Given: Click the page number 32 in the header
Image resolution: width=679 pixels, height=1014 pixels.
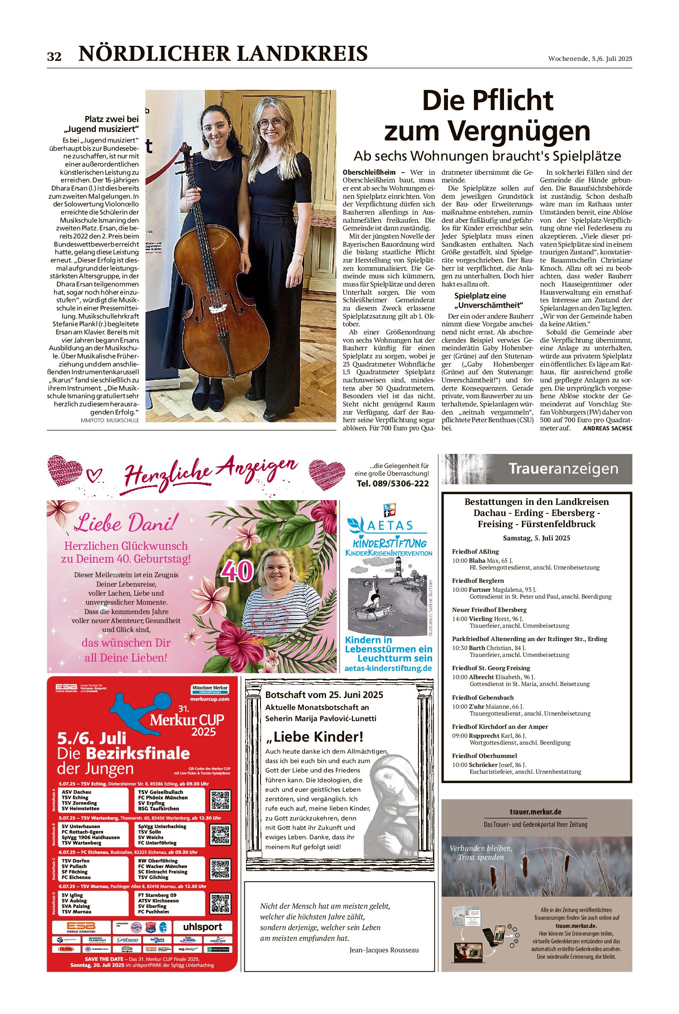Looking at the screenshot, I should pos(54,57).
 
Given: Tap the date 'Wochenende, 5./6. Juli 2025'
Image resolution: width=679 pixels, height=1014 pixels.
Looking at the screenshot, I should pos(590,59).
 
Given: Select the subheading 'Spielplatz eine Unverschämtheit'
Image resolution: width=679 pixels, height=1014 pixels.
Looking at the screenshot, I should pos(488,300).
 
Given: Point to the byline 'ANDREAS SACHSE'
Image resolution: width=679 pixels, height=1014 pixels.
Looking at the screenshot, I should pos(608,428).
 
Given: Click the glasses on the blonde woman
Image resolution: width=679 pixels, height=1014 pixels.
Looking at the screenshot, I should pos(271,123).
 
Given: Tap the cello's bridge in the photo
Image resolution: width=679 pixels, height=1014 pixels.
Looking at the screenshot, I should pos(217,309).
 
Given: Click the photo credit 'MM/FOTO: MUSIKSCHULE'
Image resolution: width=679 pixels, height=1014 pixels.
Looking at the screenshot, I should pos(110,421).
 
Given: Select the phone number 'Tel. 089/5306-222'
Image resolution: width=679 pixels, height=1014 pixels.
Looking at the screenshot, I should pos(392,483).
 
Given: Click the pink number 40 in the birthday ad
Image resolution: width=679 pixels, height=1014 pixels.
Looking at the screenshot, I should pos(237,571).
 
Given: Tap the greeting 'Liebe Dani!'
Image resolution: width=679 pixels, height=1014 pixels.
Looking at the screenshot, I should pos(126,523).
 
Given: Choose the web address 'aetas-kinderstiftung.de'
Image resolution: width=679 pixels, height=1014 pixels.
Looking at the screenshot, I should pos(388,668).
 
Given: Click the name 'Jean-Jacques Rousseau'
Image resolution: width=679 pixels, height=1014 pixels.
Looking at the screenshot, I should pos(384,950).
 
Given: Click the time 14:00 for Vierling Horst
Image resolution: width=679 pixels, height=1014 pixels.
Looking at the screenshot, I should pos(460,619).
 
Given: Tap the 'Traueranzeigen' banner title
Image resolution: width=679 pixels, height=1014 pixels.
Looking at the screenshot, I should pos(563,468).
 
